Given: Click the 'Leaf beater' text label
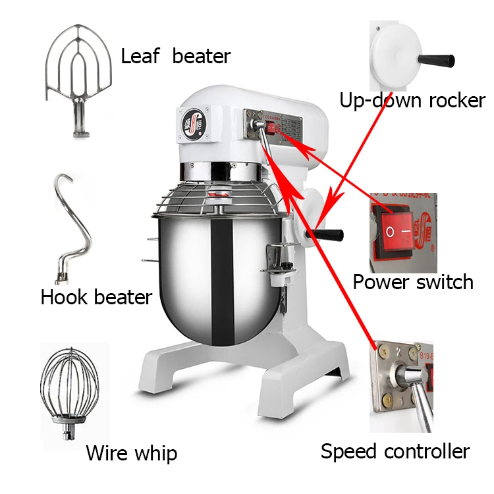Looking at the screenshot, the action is click(175, 57).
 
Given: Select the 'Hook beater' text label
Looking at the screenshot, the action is click(96, 297).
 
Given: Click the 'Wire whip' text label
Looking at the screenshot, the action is click(131, 453).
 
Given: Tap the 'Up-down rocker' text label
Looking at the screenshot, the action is click(412, 101).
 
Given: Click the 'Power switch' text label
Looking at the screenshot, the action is click(413, 282).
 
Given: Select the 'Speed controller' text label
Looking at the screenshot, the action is click(395, 451).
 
